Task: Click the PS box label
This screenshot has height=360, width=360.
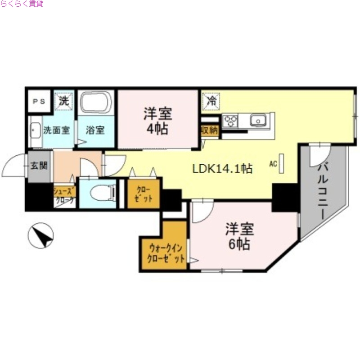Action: point(38,101)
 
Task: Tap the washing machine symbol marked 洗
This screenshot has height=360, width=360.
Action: point(63,101)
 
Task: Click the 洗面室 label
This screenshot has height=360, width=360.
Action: point(56,130)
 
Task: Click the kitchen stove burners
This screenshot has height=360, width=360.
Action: point(230,120)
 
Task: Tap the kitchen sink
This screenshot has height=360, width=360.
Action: point(259,120)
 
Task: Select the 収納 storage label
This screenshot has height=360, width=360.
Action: point(209,130)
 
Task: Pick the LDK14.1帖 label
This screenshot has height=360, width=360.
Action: point(222,169)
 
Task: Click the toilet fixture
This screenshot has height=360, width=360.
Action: point(101,193)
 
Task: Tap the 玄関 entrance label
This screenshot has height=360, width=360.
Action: point(39,165)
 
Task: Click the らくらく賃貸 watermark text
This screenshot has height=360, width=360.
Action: point(22,4)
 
